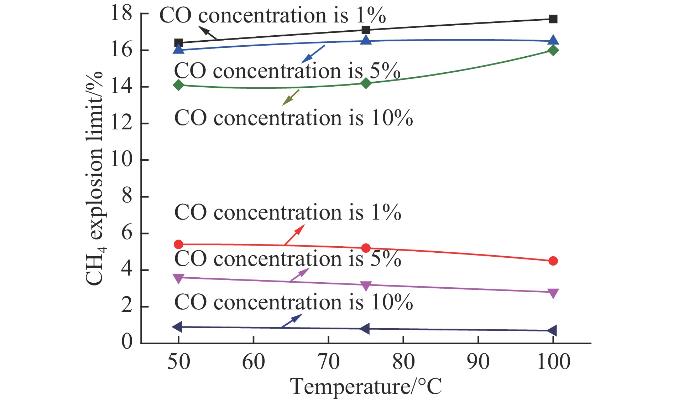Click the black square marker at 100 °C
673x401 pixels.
coord(553,19)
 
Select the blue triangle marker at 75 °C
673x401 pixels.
coord(366,40)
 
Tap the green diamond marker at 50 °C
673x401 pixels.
coord(178,85)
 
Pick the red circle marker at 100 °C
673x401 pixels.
coord(553,261)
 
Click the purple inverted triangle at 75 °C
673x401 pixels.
coord(366,286)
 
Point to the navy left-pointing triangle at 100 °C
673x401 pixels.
coord(552,330)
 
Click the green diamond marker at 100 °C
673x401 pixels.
coord(553,50)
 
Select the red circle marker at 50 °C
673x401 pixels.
coord(178,245)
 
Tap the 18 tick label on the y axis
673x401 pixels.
coord(121,14)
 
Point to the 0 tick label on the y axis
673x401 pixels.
coord(127,342)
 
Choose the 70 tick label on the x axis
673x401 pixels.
coord(328,362)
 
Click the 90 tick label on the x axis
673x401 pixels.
coord(478,362)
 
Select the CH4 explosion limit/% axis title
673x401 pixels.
coord(94,178)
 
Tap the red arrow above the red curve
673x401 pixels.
coord(294,235)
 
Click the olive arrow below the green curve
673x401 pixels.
coord(291,97)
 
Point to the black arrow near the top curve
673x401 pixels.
coord(207,33)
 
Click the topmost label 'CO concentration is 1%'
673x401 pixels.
coord(272,15)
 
